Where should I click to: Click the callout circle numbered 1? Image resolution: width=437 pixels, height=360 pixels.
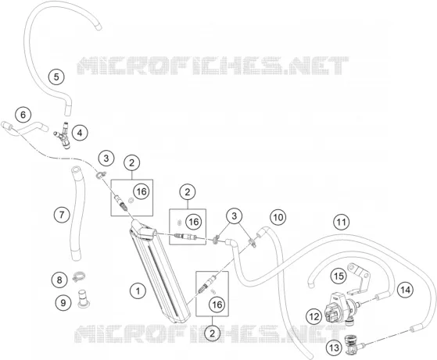[138, 291]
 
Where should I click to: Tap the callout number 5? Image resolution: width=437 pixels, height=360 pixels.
[56, 77]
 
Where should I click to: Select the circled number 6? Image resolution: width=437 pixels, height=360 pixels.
[23, 115]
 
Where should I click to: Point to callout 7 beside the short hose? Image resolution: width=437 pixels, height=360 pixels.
[62, 215]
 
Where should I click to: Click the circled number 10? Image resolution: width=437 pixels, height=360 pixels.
[278, 217]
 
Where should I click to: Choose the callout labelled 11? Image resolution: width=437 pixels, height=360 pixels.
[342, 223]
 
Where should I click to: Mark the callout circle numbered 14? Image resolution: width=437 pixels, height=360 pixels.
[405, 290]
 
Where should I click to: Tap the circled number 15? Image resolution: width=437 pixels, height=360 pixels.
[338, 276]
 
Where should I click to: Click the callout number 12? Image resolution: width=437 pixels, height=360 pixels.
[313, 316]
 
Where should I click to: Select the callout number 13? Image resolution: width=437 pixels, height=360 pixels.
[334, 348]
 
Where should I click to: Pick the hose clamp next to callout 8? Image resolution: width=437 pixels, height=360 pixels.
[79, 276]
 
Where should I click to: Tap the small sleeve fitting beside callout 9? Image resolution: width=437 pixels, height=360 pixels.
[82, 299]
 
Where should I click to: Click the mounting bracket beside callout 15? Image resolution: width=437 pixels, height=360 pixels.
[360, 279]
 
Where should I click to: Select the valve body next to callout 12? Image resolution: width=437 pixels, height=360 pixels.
[338, 308]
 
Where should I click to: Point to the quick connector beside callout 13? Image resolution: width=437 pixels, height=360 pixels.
[353, 345]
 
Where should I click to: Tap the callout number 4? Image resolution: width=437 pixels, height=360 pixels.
[80, 133]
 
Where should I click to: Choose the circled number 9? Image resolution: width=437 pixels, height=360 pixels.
[63, 302]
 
